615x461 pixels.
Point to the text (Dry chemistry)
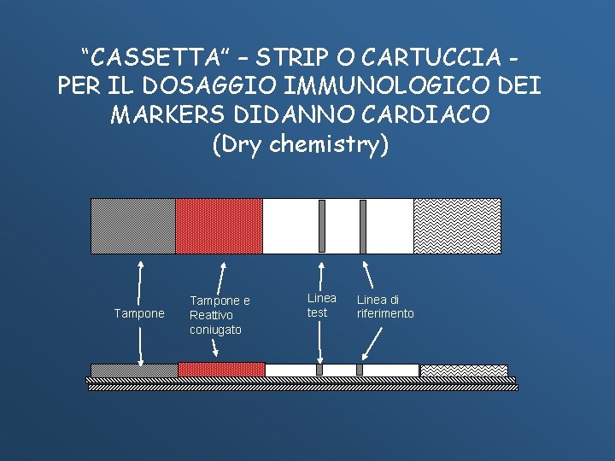[x=300, y=143]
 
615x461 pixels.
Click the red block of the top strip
[x=219, y=226]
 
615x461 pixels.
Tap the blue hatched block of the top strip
[x=133, y=226]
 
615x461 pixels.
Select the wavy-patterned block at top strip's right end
[x=457, y=226]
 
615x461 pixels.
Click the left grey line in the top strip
[x=322, y=226]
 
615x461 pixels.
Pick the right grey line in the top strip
[x=363, y=226]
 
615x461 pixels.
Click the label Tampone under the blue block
[x=139, y=314]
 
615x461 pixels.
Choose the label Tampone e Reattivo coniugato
[x=219, y=315]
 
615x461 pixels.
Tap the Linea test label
[x=321, y=306]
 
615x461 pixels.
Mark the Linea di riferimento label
[x=384, y=306]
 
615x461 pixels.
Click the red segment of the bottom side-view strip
[x=221, y=370]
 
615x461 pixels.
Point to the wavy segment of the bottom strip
[x=463, y=371]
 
